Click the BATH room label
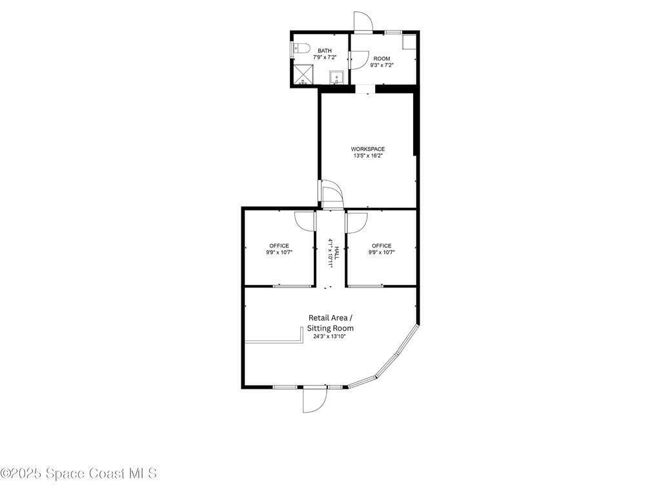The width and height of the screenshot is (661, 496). (x=325, y=50)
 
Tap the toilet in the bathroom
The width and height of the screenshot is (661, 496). (x=301, y=48)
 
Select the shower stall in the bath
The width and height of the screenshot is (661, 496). (x=304, y=75)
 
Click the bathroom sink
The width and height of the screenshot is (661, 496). (x=337, y=77)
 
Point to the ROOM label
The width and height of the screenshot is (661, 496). (x=382, y=59)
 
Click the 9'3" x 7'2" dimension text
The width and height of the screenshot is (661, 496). (x=382, y=65)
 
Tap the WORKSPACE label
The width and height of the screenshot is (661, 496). (x=367, y=149)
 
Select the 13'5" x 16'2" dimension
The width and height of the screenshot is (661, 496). (x=367, y=156)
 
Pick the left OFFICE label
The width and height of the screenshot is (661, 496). (x=279, y=246)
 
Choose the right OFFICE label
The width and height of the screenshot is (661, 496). (x=381, y=246)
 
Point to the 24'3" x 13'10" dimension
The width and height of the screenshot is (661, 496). (x=329, y=336)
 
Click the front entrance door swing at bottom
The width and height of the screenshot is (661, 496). (x=314, y=399)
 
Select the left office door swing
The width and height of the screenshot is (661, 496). (x=305, y=221)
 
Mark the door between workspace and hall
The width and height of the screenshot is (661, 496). (x=332, y=194)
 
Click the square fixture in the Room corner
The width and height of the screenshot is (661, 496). (x=409, y=41)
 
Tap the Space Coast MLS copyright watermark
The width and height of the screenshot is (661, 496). (x=79, y=473)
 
